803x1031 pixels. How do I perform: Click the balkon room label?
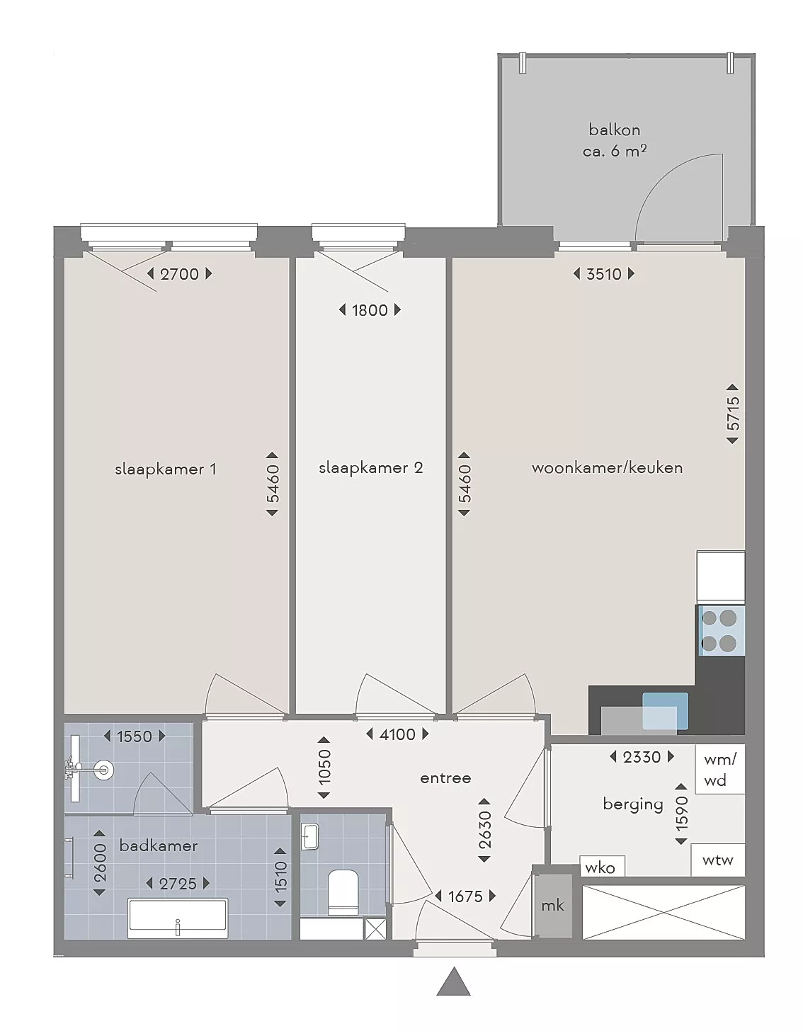point(614,130)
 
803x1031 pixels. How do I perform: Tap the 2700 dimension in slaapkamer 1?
point(179,274)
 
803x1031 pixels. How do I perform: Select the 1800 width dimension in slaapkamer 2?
point(370,310)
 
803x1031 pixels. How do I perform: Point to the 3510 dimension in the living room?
point(604,274)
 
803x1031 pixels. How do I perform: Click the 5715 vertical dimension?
point(732,414)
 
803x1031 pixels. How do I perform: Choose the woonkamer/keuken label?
point(607,468)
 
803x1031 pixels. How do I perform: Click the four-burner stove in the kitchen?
point(719,630)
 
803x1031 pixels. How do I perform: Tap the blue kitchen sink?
point(665,710)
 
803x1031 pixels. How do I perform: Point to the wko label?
point(600,868)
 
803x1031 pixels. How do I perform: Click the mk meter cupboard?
point(552,905)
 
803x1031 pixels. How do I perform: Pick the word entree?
point(445,778)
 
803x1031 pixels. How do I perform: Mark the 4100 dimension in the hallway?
point(397,734)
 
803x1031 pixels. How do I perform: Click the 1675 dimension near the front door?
point(465,896)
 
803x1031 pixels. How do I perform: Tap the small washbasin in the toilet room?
point(309,837)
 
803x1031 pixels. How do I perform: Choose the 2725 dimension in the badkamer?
point(178,884)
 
